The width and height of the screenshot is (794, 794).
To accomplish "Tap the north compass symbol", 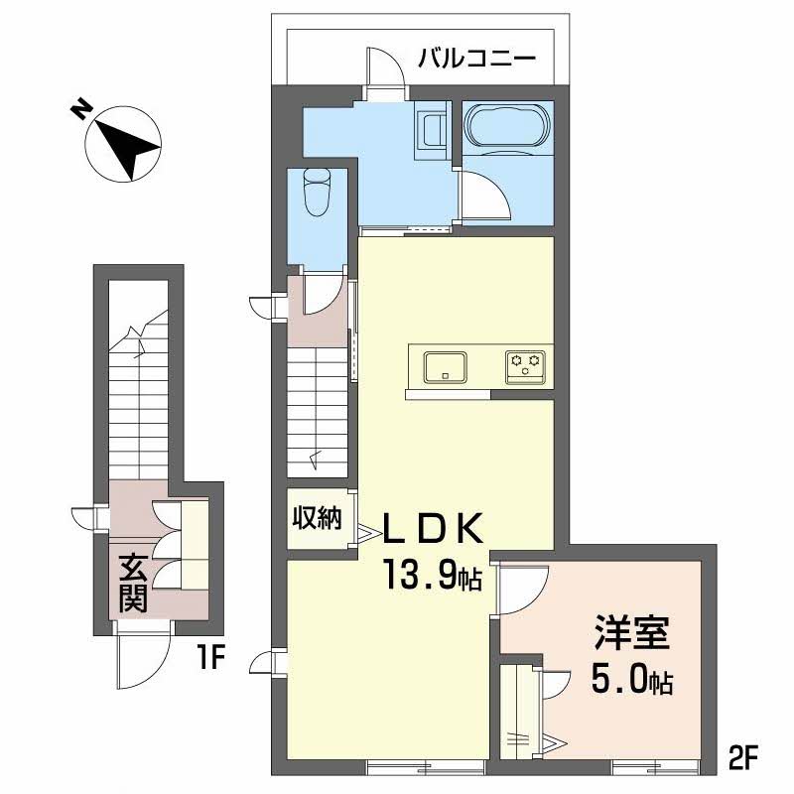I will point(122,145).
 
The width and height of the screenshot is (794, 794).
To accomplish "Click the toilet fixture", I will point(317,190).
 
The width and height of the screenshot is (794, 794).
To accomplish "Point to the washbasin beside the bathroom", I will point(432,128).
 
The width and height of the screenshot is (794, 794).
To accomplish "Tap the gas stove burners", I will point(524,366).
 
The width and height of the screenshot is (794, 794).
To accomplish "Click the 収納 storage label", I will point(318,518).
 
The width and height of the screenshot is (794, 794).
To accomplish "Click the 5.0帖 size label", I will point(632,680).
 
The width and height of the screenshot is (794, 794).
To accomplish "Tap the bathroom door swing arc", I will point(484,194).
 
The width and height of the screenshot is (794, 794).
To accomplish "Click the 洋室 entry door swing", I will point(520,589).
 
